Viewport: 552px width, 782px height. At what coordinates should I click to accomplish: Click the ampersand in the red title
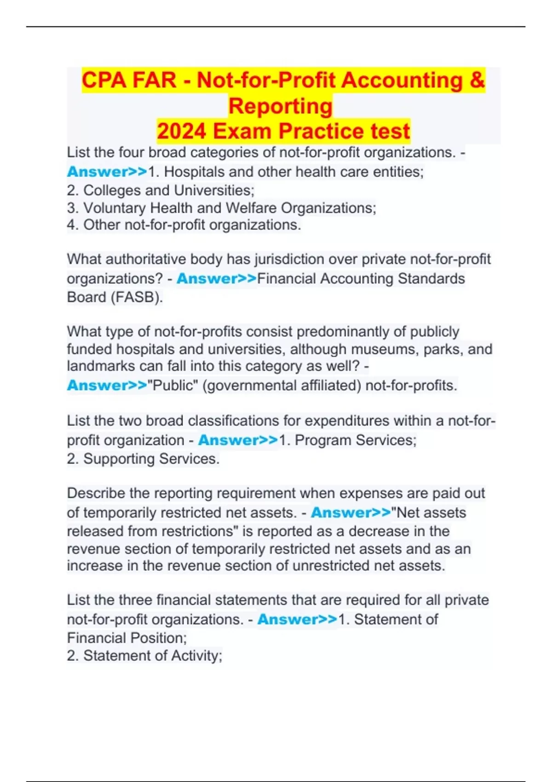point(477,80)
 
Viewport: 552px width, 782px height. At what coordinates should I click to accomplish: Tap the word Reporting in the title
point(280,106)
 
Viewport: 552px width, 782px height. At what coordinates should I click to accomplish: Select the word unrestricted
point(331,566)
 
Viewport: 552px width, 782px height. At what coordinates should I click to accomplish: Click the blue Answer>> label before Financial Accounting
point(216,279)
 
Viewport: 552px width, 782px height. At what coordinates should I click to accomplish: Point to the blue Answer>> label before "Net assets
point(351,512)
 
